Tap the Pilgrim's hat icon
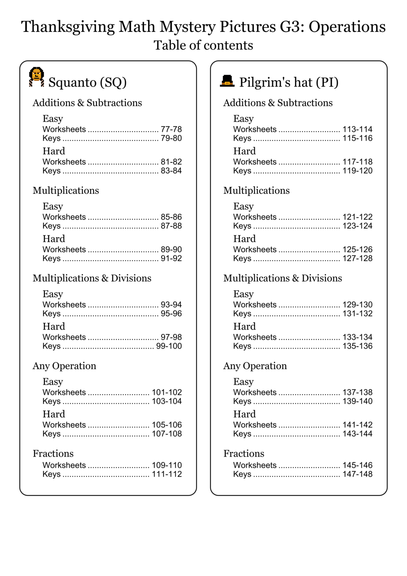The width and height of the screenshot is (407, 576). click(227, 81)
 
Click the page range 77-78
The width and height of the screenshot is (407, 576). click(171, 129)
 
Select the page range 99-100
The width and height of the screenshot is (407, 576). click(169, 346)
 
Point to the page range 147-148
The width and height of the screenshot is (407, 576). click(358, 474)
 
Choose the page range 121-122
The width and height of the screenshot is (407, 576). click(358, 217)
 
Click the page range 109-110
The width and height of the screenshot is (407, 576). click(167, 465)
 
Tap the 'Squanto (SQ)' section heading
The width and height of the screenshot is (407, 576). click(87, 82)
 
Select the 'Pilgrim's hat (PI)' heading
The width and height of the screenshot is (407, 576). click(289, 82)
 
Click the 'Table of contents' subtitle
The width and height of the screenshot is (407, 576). click(203, 45)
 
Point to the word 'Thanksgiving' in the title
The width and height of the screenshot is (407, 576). click(68, 27)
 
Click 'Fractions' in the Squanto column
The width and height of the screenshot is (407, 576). click(53, 454)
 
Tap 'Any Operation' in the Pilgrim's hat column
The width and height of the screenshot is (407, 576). click(255, 366)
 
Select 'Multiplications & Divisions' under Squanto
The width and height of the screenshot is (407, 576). click(92, 278)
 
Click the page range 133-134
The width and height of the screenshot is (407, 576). click(358, 337)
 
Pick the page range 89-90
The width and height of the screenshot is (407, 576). click(171, 250)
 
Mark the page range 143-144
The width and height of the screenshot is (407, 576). click(358, 434)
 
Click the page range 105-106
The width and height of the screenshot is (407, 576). click(167, 425)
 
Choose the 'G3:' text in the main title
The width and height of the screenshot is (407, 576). click(292, 27)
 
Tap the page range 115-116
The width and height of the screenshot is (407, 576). click(358, 138)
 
